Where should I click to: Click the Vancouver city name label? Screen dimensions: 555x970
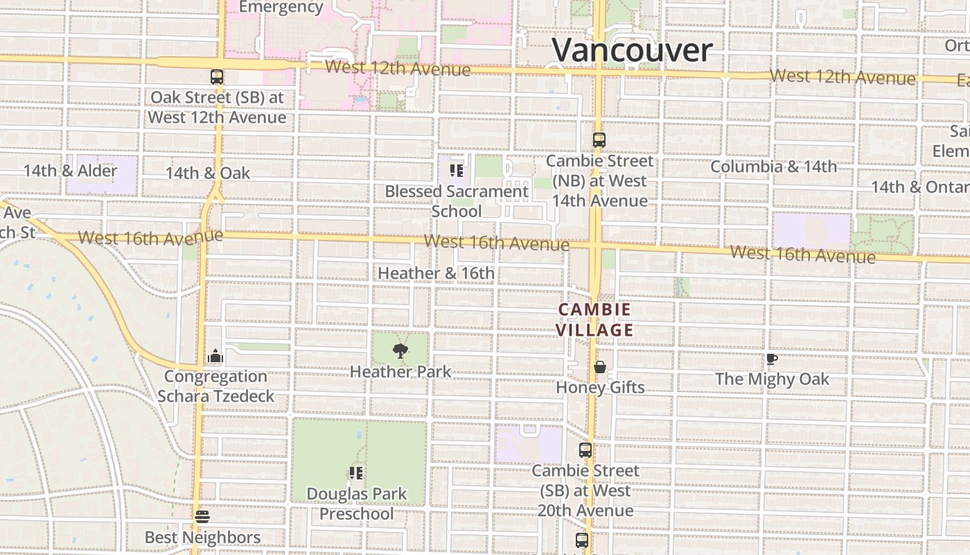tap(632, 51)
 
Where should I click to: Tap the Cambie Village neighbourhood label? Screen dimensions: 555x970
tap(596, 320)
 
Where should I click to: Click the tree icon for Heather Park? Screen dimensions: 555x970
tap(400, 351)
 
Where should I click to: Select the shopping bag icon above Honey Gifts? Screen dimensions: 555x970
tap(600, 367)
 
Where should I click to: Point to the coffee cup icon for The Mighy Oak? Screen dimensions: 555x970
tap(771, 359)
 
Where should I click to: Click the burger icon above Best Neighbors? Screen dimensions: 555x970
tap(202, 517)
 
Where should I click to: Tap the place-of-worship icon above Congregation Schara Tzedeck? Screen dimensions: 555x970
tap(215, 357)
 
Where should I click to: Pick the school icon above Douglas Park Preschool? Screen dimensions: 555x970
tap(356, 473)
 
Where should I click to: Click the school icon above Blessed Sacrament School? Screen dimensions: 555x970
tap(456, 170)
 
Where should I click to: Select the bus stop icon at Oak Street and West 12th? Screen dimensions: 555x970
tap(217, 77)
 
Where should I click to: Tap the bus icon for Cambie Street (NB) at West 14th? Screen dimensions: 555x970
tap(599, 140)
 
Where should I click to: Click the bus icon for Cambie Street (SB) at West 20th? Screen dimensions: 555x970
tap(585, 450)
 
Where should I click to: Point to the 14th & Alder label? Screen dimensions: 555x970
tap(71, 171)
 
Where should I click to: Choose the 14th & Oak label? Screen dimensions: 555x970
tap(208, 173)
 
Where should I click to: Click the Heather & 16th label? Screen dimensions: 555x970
tap(436, 273)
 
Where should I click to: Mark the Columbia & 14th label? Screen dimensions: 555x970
tap(773, 166)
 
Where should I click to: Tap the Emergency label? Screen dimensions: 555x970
tap(281, 8)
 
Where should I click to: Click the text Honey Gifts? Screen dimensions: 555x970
tap(600, 388)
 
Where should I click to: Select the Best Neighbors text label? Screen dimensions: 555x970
tap(202, 538)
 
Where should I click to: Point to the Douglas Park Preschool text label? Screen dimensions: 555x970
tap(356, 504)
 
